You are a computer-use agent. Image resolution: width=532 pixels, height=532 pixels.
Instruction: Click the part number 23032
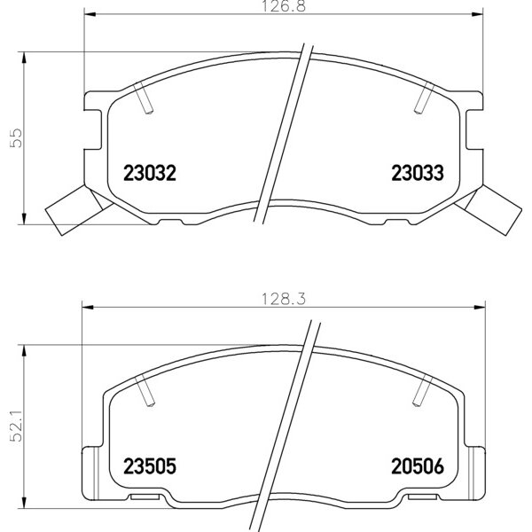click(x=150, y=173)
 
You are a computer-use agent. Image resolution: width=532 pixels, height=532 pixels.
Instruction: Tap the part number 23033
click(x=418, y=173)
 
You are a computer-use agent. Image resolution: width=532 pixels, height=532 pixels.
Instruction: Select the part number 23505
click(x=150, y=465)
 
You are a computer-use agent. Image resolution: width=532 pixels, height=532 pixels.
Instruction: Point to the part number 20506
click(x=418, y=465)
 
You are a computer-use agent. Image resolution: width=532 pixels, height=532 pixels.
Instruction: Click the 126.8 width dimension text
click(x=284, y=6)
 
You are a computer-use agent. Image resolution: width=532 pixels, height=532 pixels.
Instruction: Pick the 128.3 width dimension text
click(x=284, y=299)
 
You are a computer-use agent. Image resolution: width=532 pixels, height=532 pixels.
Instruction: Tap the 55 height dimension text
click(x=16, y=137)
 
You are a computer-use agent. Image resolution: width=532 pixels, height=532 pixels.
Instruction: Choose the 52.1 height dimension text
click(x=16, y=426)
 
